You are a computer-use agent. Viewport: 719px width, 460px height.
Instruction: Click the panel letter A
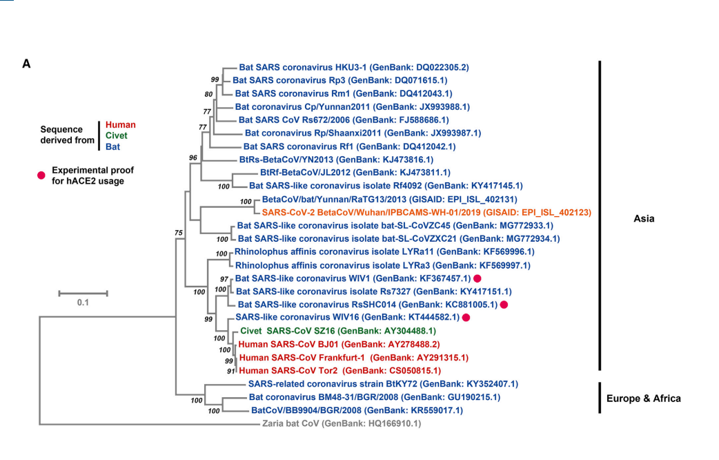[x=27, y=64]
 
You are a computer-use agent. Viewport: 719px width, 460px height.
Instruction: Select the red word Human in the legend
[x=121, y=125]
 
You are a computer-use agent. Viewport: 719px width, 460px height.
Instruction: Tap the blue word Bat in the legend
[x=112, y=146]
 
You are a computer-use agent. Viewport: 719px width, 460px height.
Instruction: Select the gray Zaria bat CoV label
[x=341, y=423]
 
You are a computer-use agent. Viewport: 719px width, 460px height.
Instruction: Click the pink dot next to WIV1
[x=477, y=278]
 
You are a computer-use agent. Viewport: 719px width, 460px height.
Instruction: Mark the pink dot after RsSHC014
[x=504, y=305]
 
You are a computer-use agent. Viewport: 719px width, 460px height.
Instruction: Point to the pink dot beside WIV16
[x=466, y=318]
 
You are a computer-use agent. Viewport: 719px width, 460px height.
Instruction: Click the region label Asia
[x=644, y=219]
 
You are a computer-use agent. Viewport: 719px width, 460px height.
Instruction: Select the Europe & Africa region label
[x=643, y=398]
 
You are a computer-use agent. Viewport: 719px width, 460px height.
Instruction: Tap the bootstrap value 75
[x=179, y=233]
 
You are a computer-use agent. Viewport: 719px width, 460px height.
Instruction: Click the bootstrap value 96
[x=193, y=158]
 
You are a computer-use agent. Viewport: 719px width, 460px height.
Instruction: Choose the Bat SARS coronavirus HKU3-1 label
[x=354, y=68]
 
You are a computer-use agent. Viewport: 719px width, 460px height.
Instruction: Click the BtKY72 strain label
[x=383, y=383]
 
